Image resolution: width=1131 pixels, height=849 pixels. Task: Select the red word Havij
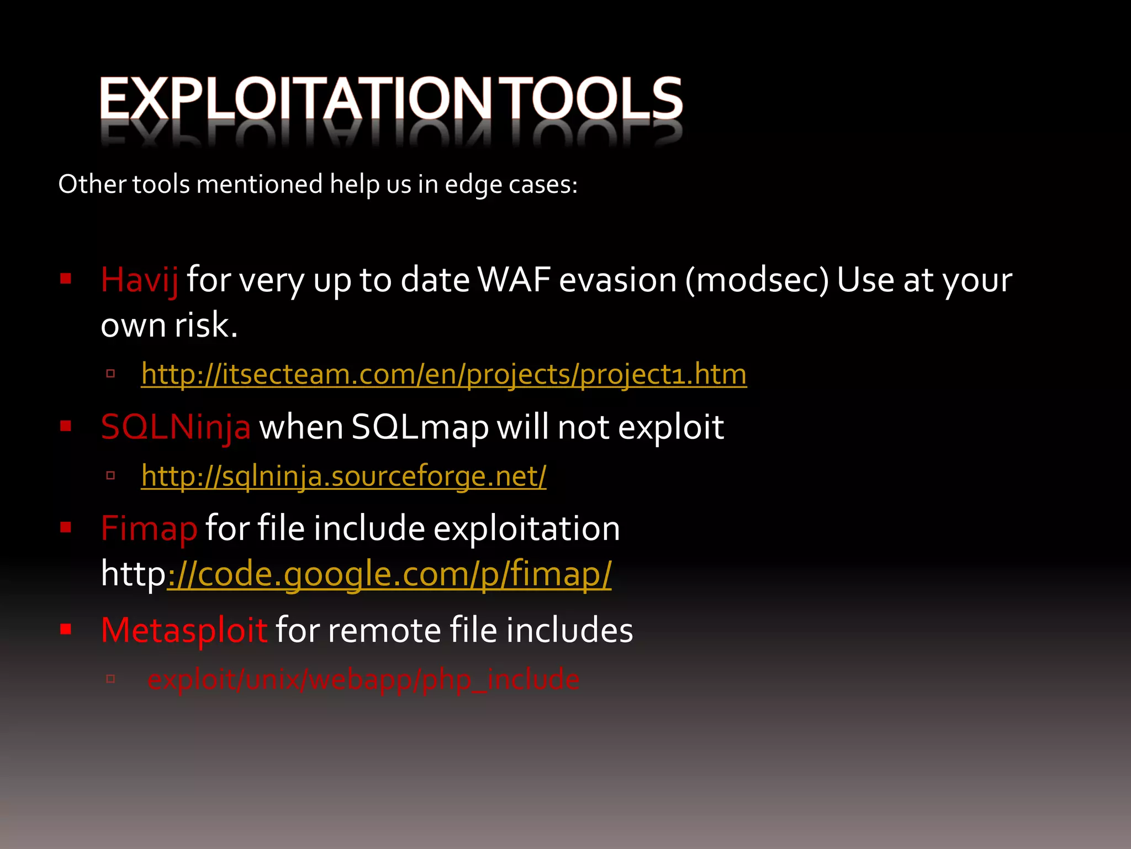(139, 280)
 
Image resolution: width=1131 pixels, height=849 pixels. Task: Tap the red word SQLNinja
(176, 427)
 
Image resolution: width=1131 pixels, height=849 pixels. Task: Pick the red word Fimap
(149, 528)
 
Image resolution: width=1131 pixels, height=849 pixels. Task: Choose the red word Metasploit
(184, 630)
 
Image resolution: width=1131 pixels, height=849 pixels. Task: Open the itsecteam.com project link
(443, 374)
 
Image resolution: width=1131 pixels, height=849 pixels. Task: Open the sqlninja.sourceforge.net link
(343, 476)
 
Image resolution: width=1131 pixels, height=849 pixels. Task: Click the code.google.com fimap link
(389, 574)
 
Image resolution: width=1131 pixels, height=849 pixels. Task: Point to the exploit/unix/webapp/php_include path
(363, 679)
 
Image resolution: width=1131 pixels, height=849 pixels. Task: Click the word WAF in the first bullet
(514, 280)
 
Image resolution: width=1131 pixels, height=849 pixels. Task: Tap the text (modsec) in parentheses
(757, 280)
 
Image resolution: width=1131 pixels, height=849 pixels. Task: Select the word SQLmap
(420, 427)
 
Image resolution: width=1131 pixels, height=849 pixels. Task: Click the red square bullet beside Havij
(66, 278)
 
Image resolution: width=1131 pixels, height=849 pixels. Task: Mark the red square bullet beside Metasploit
(66, 628)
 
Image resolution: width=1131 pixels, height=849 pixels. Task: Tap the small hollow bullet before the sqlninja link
(110, 475)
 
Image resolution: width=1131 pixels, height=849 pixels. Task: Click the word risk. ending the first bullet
(206, 325)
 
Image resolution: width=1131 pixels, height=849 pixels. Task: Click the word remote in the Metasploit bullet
(384, 630)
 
